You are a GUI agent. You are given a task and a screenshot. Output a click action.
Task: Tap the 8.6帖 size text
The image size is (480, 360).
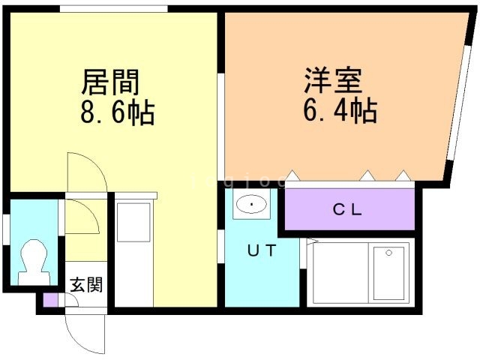click(x=118, y=112)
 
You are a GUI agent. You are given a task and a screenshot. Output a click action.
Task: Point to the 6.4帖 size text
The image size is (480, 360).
click(x=340, y=112)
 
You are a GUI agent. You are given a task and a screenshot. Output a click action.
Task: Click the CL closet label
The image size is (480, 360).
click(x=348, y=210)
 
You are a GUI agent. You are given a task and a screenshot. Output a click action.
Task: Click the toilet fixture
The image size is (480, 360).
click(x=33, y=260)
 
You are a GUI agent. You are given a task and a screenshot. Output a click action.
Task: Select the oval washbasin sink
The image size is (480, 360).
click(x=250, y=204)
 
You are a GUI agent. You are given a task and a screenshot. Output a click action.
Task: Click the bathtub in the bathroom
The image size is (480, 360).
click(x=389, y=272)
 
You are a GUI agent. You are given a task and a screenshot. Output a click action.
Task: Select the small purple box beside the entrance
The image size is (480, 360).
click(x=50, y=301)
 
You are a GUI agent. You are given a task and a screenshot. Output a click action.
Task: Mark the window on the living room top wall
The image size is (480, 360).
click(x=113, y=9)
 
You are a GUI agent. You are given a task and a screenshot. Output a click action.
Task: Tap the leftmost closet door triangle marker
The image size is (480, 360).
click(x=293, y=177)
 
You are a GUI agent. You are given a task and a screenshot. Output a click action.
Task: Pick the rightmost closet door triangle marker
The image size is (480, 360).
click(x=403, y=177)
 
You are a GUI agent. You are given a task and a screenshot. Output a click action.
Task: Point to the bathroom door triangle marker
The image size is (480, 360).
click(x=311, y=241)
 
